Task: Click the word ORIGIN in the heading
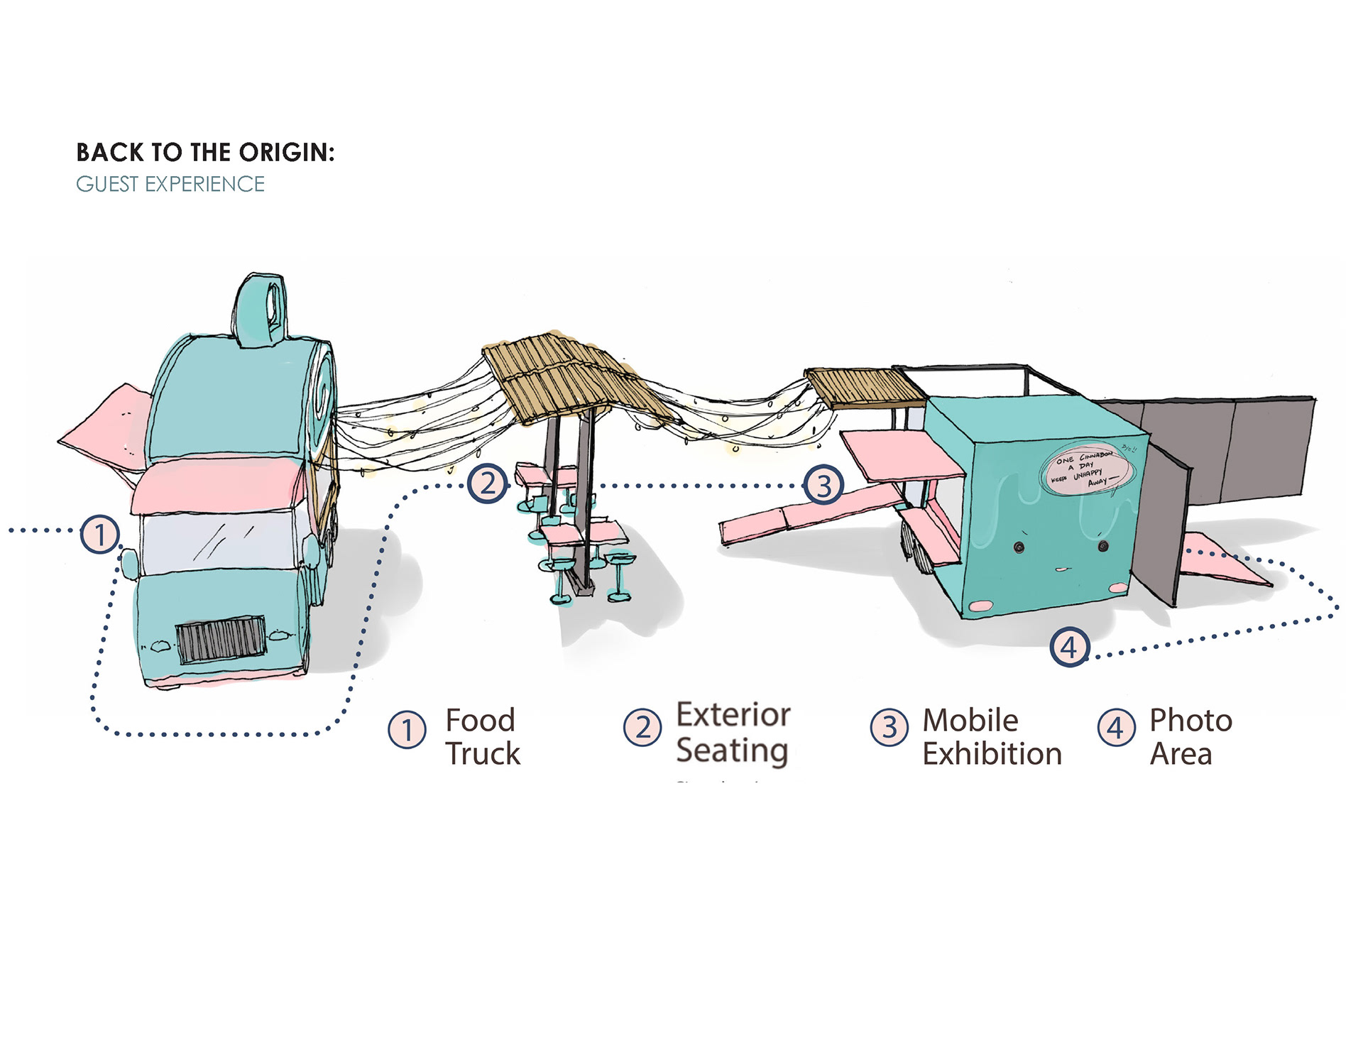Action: pyautogui.click(x=285, y=153)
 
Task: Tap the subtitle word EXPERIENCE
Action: pyautogui.click(x=204, y=185)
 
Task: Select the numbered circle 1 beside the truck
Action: pyautogui.click(x=99, y=535)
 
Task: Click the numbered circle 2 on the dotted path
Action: pyautogui.click(x=488, y=484)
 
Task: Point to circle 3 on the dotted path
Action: pyautogui.click(x=823, y=486)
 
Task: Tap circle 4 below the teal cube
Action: pyautogui.click(x=1069, y=647)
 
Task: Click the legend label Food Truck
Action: pyautogui.click(x=483, y=737)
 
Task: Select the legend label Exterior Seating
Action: pyautogui.click(x=733, y=733)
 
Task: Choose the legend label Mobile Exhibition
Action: pyautogui.click(x=991, y=737)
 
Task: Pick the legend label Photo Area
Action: pyautogui.click(x=1190, y=737)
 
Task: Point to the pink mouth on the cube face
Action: pyautogui.click(x=1061, y=569)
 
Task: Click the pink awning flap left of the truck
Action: pyautogui.click(x=106, y=426)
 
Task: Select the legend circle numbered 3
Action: pyautogui.click(x=889, y=728)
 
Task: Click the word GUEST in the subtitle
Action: pyautogui.click(x=107, y=185)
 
